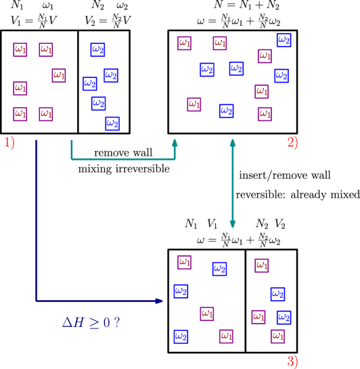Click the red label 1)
pos(9,143)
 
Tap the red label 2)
pos(292,143)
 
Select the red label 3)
pos(292,362)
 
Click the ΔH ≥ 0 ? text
pos(91,322)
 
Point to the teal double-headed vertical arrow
pos(232,183)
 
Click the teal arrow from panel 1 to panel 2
pos(122,159)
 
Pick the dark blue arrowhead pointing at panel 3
pos(160,301)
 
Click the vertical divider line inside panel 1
pos(78,81)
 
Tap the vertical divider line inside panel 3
pos(245,301)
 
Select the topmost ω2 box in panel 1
pos(97,49)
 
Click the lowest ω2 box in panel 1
pos(112,123)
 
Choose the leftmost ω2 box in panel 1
pos(89,83)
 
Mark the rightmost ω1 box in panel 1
pos(59,75)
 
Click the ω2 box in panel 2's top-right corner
pos(284,40)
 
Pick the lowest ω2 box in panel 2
pos(226,110)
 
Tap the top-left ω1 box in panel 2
pos(184,43)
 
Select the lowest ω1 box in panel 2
pos(265,114)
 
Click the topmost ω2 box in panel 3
pos(219,269)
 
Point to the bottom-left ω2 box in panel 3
pos(181,336)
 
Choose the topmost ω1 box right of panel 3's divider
pos(262,265)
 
